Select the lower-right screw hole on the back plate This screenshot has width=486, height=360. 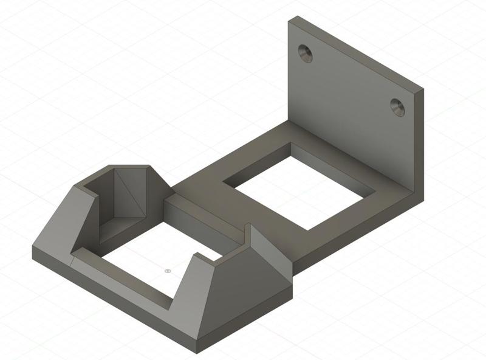pyautogui.click(x=398, y=107)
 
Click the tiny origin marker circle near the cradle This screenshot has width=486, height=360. pyautogui.click(x=168, y=271)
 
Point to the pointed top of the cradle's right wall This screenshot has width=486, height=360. pyautogui.click(x=248, y=226)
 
